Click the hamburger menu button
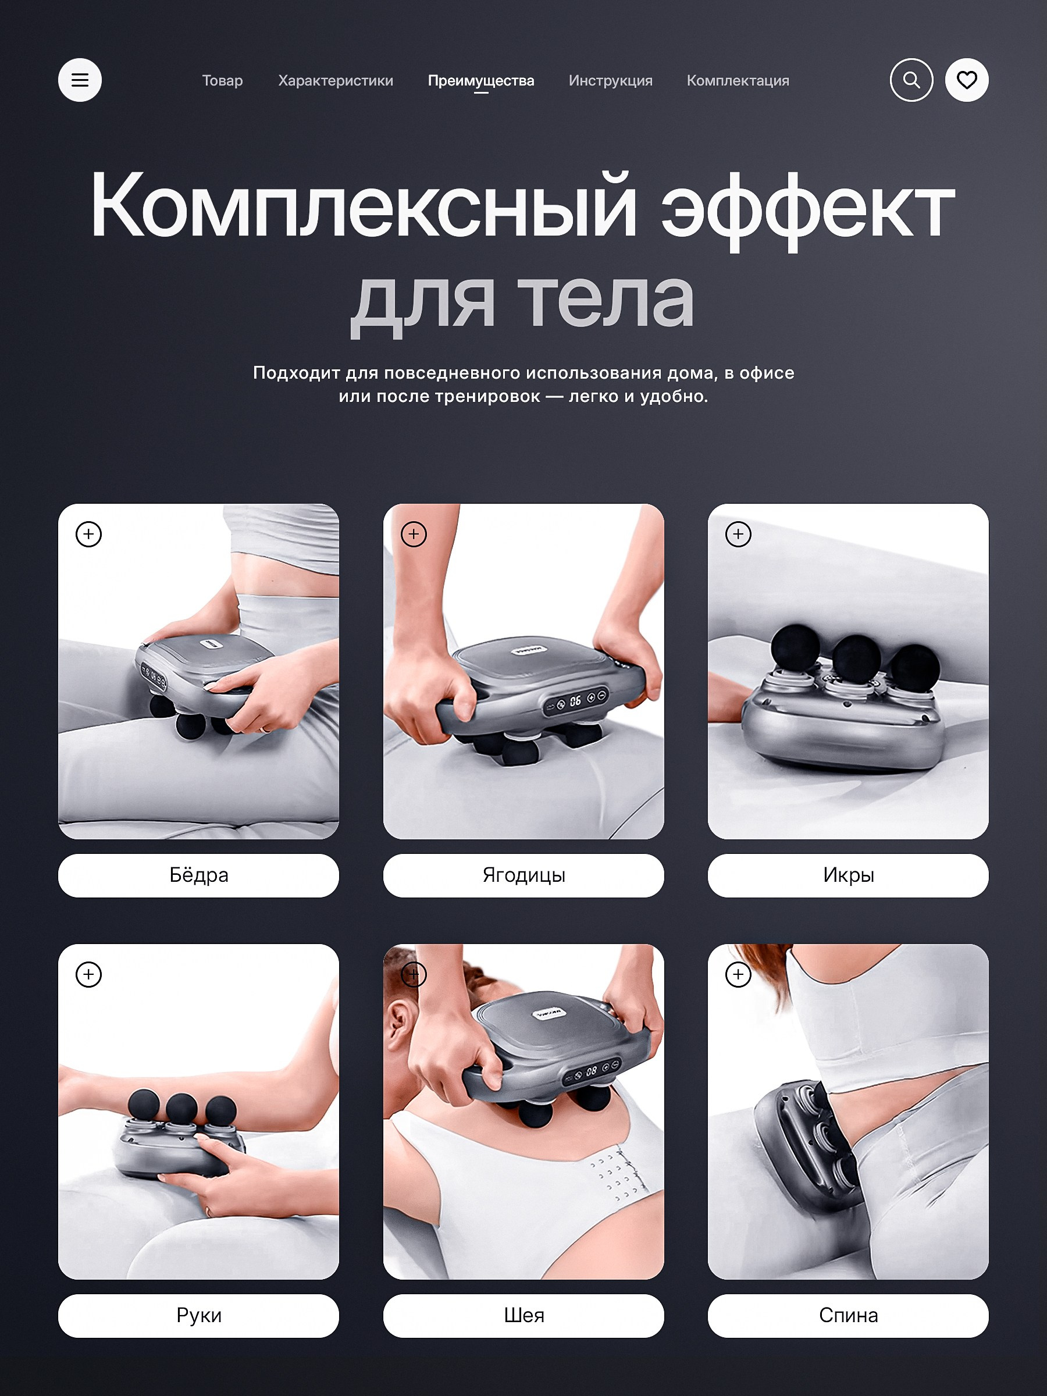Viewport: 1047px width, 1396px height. (80, 80)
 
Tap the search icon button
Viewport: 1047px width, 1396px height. (911, 80)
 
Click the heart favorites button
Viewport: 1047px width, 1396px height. (967, 80)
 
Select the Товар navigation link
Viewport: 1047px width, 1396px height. (222, 81)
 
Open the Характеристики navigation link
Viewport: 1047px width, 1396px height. (336, 81)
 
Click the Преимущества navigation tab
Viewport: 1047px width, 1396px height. (481, 81)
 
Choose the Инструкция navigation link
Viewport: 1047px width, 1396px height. (610, 81)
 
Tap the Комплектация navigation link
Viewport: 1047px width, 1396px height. (738, 81)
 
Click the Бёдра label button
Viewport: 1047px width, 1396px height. (199, 875)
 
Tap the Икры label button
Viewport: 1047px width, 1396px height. (848, 875)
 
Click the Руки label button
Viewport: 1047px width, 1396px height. (199, 1316)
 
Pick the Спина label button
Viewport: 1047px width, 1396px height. (848, 1316)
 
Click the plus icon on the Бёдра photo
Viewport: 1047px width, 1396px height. (88, 535)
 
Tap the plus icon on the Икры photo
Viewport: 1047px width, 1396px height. (738, 535)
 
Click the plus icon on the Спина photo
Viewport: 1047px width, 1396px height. (738, 974)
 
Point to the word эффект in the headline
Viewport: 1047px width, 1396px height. (808, 208)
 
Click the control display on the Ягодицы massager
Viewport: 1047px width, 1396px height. (576, 700)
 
